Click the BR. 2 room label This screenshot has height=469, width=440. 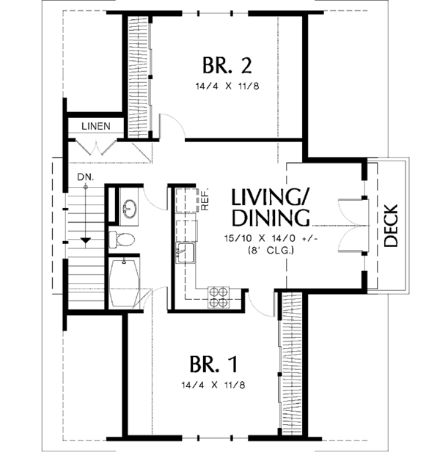click(x=227, y=66)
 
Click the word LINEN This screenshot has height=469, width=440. click(x=95, y=126)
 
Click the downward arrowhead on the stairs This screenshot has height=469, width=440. click(x=86, y=240)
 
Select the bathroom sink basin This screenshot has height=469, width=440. click(x=129, y=208)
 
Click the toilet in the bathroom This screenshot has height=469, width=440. click(x=122, y=238)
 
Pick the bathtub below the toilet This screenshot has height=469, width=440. click(x=125, y=283)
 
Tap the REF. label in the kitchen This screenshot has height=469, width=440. click(x=206, y=200)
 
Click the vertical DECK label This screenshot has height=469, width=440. click(x=391, y=225)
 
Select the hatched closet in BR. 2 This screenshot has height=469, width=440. click(x=139, y=73)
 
